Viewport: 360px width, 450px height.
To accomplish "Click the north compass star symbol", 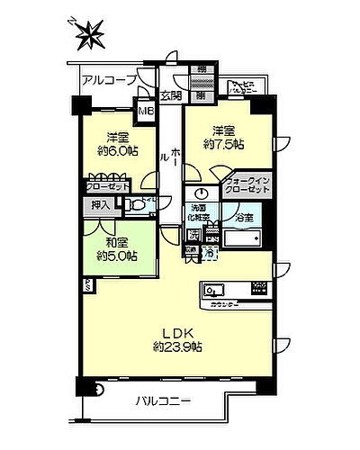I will pos(93,36).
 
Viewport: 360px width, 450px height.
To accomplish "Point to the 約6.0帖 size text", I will pos(115,153).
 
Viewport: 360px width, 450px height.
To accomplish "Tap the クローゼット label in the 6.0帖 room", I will pos(107,186).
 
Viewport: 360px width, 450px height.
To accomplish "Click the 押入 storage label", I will pos(101,206).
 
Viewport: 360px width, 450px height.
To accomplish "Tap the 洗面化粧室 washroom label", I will pos(199,212).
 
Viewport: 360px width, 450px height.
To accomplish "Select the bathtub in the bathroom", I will pos(240,240).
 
